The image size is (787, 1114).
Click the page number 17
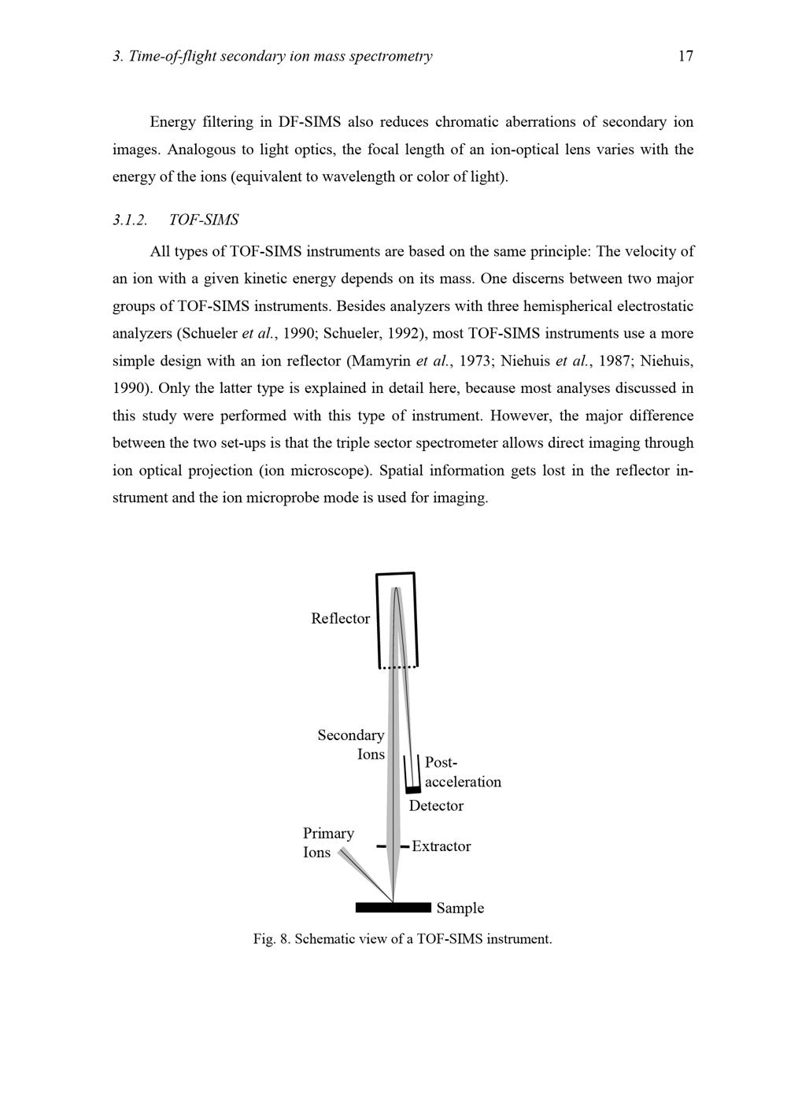point(685,56)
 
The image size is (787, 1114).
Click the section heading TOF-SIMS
point(204,220)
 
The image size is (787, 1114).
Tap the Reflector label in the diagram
point(340,619)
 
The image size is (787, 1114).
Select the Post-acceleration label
point(462,772)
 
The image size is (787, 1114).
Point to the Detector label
point(436,806)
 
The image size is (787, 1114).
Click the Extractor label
point(441,846)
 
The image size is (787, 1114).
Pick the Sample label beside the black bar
point(460,909)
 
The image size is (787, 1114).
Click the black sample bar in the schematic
point(393,908)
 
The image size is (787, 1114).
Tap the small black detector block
point(413,790)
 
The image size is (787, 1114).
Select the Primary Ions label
point(328,842)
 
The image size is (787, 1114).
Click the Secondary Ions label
point(352,745)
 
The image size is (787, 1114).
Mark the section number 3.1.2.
point(130,220)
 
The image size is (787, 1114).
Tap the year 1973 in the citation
point(473,361)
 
